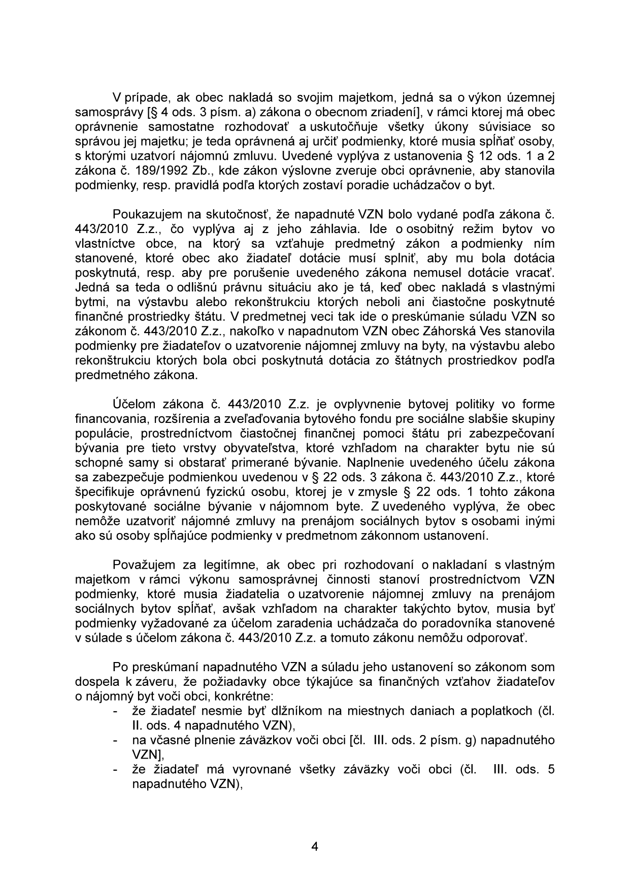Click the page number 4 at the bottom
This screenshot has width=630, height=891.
(315, 846)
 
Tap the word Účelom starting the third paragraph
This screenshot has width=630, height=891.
(134, 404)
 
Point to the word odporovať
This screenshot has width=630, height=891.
(499, 638)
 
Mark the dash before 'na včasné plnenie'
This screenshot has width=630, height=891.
(117, 741)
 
